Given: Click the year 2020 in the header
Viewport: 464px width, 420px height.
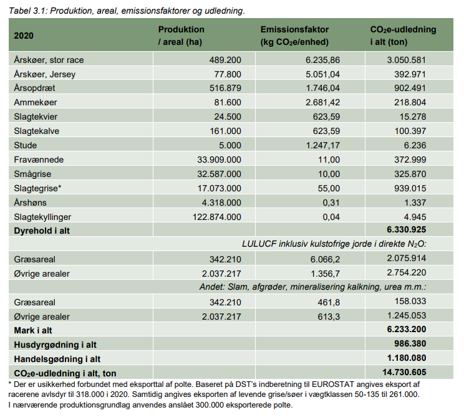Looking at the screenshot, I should [x=24, y=36].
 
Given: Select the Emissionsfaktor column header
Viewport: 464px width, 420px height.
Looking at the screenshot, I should [x=294, y=30].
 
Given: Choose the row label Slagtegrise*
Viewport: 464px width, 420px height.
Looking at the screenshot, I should [x=37, y=188].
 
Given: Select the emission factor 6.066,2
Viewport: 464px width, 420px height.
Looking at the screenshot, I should [x=326, y=258].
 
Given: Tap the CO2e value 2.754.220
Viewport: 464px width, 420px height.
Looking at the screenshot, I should [x=406, y=272].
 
